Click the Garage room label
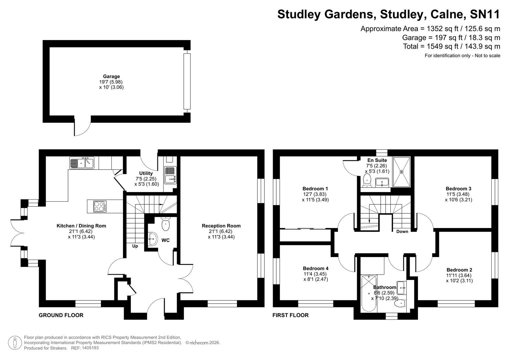coord(111,76)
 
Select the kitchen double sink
coord(82,163)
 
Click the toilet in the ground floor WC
coord(166,224)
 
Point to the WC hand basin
coord(153,239)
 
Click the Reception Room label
coord(221,226)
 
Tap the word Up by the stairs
coord(135,246)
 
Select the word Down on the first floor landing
coord(402,231)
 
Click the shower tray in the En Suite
coord(401,172)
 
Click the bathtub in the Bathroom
coord(368,293)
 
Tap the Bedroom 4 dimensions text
coord(315,277)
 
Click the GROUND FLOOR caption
coord(61,315)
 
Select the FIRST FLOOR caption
coord(290,315)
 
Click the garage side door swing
coord(82,128)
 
